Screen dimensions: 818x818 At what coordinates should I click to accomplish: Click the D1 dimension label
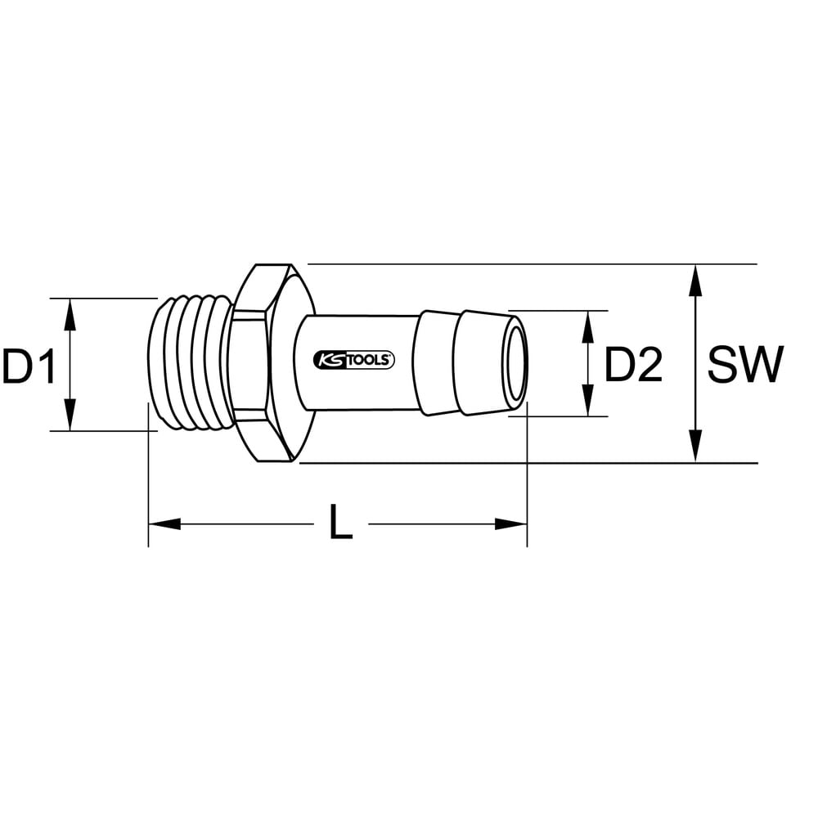coord(29,366)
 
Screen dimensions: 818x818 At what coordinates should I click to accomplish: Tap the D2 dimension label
coord(633,364)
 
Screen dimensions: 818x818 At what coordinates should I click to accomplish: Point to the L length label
coord(341,522)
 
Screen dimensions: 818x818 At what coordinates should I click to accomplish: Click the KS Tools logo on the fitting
coord(354,360)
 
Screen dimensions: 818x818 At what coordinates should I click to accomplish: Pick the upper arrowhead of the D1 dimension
coord(70,315)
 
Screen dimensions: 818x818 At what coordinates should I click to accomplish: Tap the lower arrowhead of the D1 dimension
coord(70,415)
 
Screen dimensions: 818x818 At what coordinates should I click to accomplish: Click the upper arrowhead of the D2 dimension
coord(588,326)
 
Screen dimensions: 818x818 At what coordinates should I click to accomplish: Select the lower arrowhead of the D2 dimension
coord(588,400)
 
